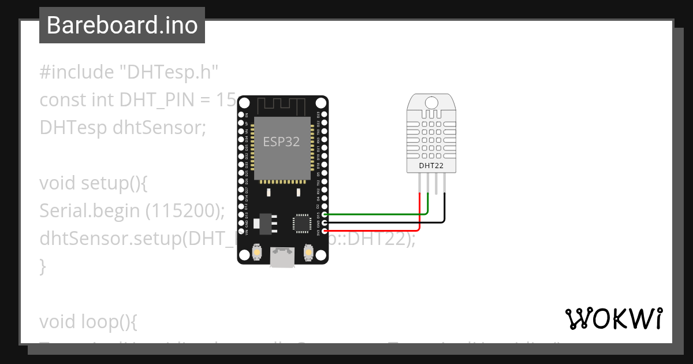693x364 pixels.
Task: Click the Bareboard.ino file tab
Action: pyautogui.click(x=122, y=25)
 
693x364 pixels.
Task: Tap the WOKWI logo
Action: pyautogui.click(x=613, y=318)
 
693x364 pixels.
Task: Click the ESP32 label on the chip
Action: pyautogui.click(x=281, y=141)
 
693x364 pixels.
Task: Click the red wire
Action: pyautogui.click(x=375, y=231)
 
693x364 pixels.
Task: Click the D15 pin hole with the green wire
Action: pyautogui.click(x=325, y=214)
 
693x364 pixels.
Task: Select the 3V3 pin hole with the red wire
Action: pyautogui.click(x=325, y=231)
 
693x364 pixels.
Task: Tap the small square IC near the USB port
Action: pyautogui.click(x=301, y=223)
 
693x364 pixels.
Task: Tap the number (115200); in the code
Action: pyautogui.click(x=184, y=211)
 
